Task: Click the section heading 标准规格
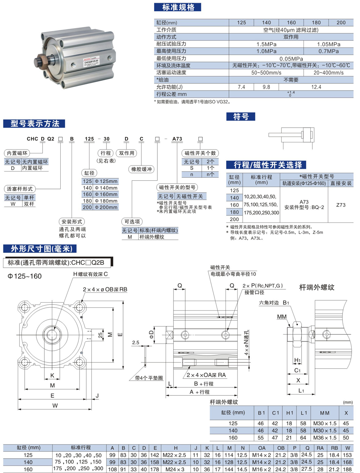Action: [177, 8]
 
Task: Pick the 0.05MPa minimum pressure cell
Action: [291, 58]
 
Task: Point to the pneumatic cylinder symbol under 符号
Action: [291, 136]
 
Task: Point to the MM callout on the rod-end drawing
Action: [282, 316]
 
